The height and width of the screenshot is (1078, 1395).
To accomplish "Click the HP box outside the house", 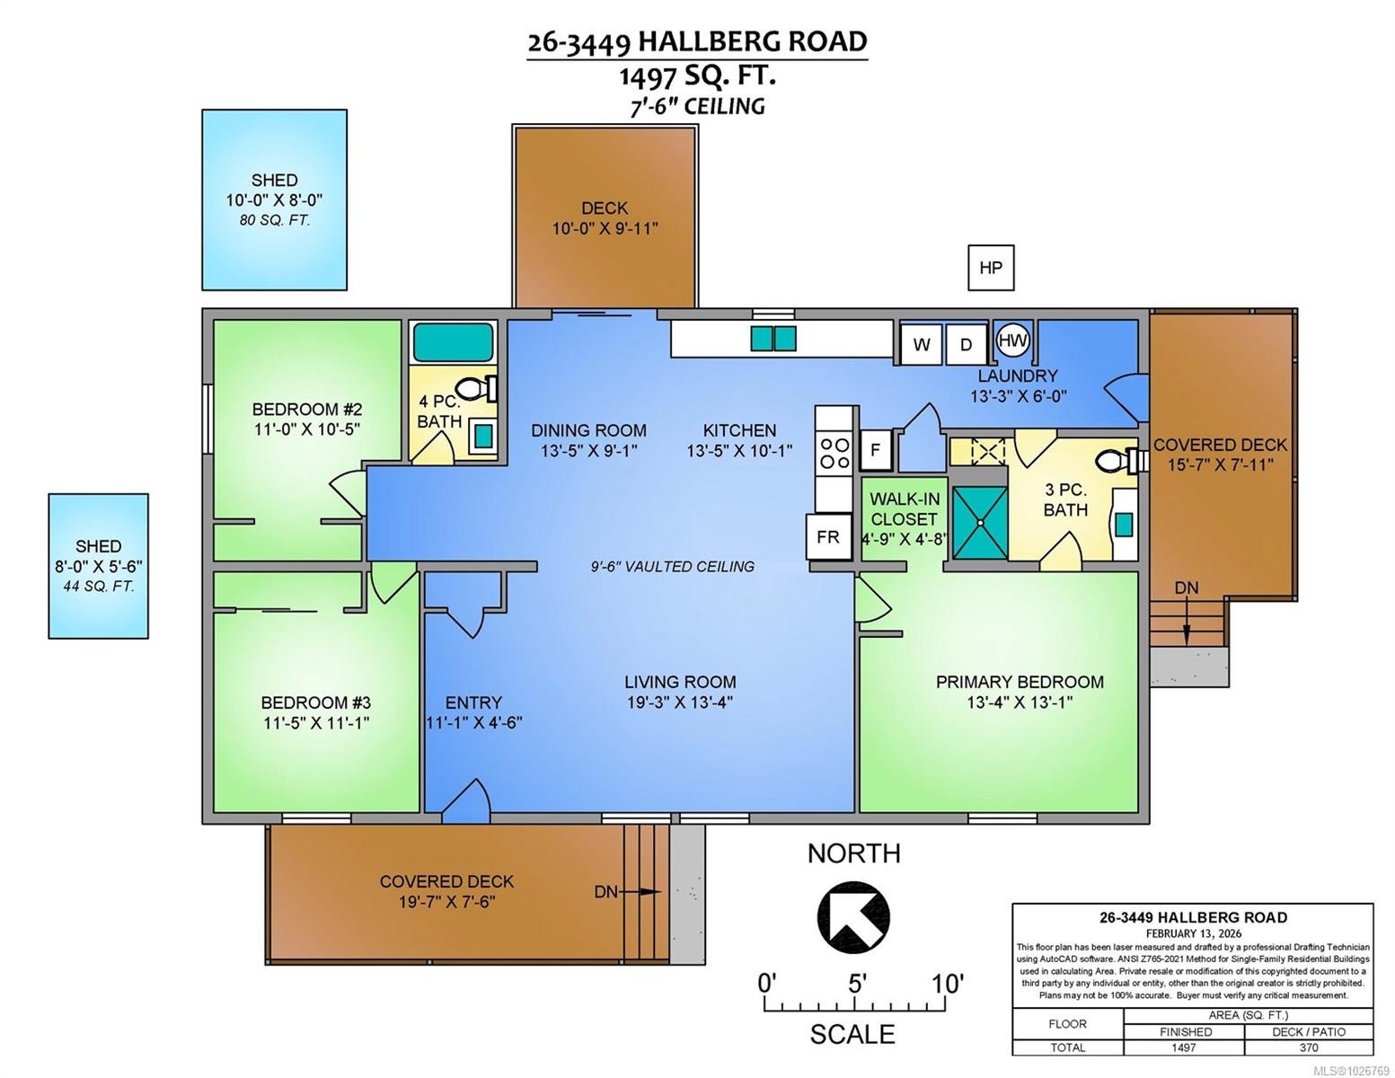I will pos(991,268).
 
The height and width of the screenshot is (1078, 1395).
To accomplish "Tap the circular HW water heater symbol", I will pos(1013,340).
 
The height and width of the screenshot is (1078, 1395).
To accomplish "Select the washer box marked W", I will pos(921,344).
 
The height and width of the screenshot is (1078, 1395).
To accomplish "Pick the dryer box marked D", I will pos(967,344).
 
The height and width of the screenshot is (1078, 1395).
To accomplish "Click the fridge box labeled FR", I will pos(827,536).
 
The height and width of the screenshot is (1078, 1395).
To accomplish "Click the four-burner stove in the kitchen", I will pos(834,453).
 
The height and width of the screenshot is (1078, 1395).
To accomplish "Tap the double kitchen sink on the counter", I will pos(773,339).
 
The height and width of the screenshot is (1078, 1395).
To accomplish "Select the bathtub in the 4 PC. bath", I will pos(453,342).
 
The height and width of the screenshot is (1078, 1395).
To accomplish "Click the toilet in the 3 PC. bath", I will pos(1117,462).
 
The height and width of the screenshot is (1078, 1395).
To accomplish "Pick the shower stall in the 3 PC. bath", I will pos(979,517).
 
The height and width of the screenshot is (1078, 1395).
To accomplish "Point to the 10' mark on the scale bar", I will pos(948,984).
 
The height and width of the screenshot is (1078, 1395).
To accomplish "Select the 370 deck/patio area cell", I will pos(1308,1047).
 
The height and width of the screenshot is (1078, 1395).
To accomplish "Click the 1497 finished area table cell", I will pos(1183,1047).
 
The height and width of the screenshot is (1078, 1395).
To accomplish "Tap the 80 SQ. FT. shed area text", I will pos(274,220).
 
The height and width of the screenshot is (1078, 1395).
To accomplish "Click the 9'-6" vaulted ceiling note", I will pos(672,567).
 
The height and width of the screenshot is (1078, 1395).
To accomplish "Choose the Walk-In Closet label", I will pos(904,508).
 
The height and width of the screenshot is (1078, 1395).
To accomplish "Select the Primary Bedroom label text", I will pos(1020,682).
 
